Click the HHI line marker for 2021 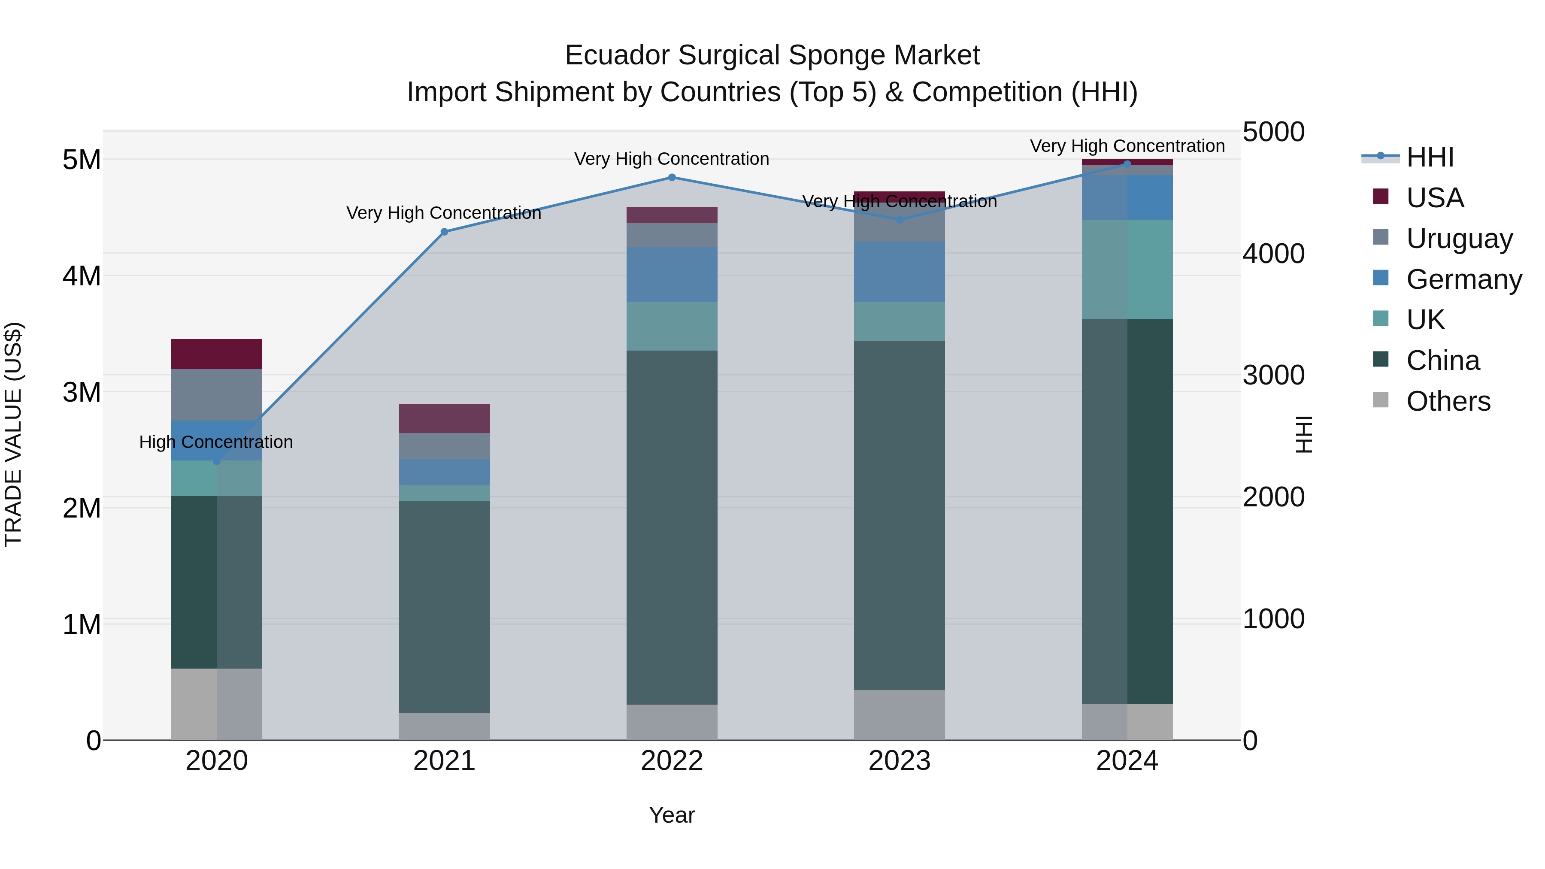[445, 232]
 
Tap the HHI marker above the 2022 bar [672, 178]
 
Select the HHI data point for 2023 [899, 219]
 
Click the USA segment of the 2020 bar [217, 354]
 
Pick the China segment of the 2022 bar [672, 528]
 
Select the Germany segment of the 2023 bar [899, 272]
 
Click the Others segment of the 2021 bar [445, 726]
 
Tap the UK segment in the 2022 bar [672, 326]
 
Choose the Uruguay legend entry [1459, 239]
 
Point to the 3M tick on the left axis [82, 392]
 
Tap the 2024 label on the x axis [1127, 761]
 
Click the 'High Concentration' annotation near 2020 [216, 442]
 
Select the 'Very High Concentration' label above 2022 [672, 159]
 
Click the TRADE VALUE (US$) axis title [13, 435]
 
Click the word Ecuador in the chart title [617, 55]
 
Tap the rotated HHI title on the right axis [1303, 435]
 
